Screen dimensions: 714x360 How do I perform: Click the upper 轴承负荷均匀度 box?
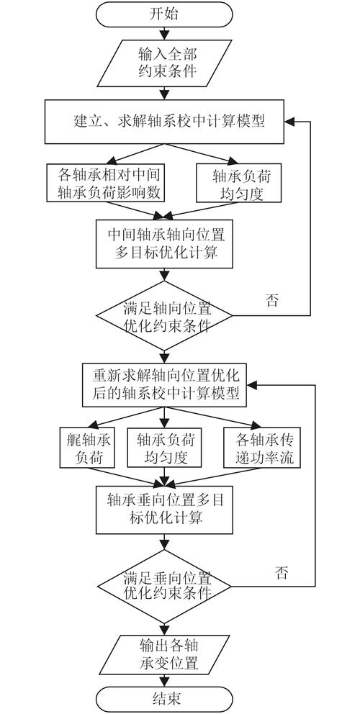tap(230, 184)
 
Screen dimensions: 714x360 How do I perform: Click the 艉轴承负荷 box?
tap(85, 447)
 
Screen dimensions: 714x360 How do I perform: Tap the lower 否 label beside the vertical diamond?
tap(282, 573)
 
